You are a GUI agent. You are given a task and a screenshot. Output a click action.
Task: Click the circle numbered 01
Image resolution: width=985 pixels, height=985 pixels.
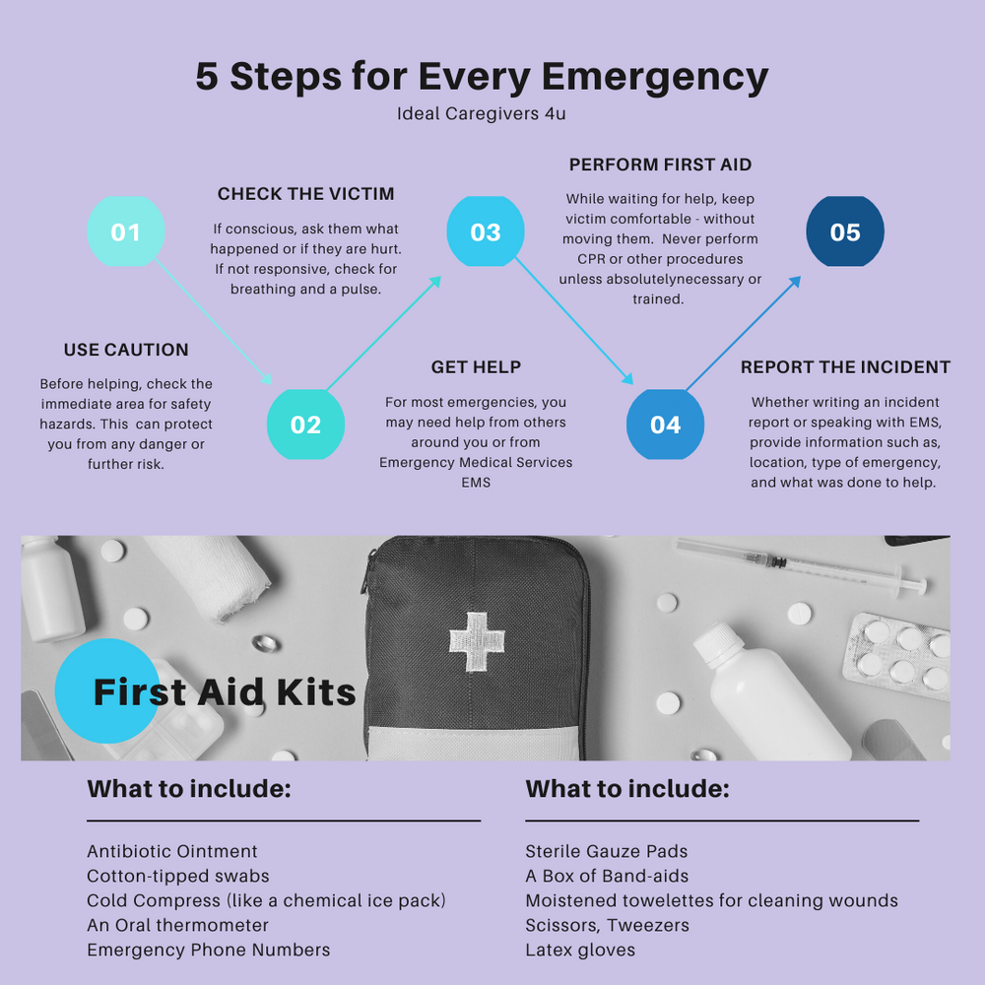(x=125, y=232)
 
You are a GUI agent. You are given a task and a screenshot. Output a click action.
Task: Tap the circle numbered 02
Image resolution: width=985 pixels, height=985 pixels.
(x=305, y=425)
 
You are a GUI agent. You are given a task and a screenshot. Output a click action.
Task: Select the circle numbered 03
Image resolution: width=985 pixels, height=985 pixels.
(x=486, y=232)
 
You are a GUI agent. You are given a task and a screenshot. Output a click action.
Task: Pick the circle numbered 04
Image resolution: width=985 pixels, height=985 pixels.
(x=665, y=425)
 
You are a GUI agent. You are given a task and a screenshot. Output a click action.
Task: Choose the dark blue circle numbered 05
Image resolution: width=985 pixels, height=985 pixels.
(x=845, y=232)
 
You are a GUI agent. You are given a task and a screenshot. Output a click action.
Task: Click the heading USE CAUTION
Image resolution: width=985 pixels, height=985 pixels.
(x=126, y=350)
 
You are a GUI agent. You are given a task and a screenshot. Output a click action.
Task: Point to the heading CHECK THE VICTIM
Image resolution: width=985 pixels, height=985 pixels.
(x=306, y=194)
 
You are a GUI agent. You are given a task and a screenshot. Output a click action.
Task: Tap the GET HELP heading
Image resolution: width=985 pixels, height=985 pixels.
(x=476, y=367)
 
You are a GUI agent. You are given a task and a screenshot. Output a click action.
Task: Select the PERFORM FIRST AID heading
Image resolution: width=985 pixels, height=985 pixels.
(x=660, y=164)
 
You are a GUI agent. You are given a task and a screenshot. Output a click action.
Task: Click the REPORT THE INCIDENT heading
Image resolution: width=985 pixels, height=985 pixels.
(x=845, y=367)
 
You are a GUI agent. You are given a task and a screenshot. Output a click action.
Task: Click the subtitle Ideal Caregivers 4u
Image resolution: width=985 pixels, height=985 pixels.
(x=482, y=113)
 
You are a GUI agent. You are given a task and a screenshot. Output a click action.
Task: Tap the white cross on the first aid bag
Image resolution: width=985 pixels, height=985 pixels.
(x=477, y=641)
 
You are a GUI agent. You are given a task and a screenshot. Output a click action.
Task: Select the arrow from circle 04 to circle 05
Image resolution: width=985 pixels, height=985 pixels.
(x=743, y=333)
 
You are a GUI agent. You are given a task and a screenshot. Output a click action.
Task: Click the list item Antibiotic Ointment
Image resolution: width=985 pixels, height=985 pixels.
(x=172, y=851)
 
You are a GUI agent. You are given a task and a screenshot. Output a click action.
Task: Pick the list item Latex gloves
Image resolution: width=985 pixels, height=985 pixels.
(x=580, y=950)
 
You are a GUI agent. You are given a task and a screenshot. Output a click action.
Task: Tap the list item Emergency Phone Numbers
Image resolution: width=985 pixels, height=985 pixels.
(x=209, y=950)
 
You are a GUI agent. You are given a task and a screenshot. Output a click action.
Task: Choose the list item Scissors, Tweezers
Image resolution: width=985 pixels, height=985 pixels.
(x=607, y=925)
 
